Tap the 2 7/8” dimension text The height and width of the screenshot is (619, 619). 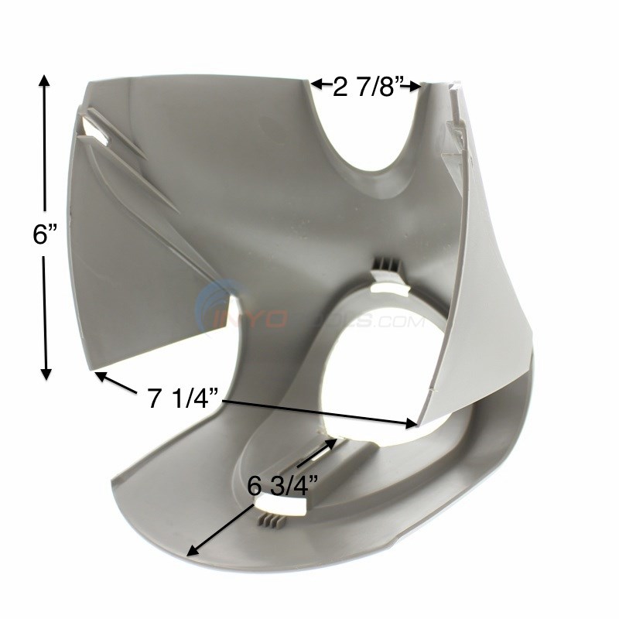(x=366, y=87)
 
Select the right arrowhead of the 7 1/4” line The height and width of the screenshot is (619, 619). (x=412, y=422)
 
